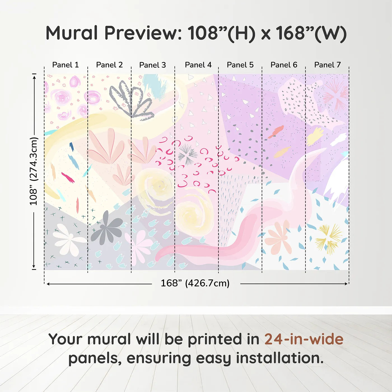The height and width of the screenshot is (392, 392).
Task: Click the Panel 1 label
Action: pyautogui.click(x=66, y=65)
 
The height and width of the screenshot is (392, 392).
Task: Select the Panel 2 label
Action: pyautogui.click(x=109, y=65)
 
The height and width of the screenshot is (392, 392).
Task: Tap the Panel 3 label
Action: pyautogui.click(x=153, y=65)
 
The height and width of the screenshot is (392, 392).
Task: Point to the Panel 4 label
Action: pyautogui.click(x=198, y=65)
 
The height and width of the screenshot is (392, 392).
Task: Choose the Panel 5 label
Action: pyautogui.click(x=240, y=65)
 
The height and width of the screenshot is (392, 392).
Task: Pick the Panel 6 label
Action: pyautogui.click(x=284, y=65)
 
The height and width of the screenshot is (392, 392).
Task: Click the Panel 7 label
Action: pyautogui.click(x=327, y=65)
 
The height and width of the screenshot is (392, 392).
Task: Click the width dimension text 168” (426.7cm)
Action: pyautogui.click(x=195, y=283)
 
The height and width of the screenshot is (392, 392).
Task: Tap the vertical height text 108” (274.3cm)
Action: pyautogui.click(x=33, y=171)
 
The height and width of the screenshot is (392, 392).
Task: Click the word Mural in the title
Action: pyautogui.click(x=72, y=33)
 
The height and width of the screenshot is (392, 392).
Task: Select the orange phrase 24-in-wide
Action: pyautogui.click(x=304, y=339)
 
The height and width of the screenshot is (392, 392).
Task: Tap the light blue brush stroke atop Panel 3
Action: pyautogui.click(x=155, y=84)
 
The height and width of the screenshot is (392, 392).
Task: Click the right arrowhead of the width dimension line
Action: pyautogui.click(x=346, y=284)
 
